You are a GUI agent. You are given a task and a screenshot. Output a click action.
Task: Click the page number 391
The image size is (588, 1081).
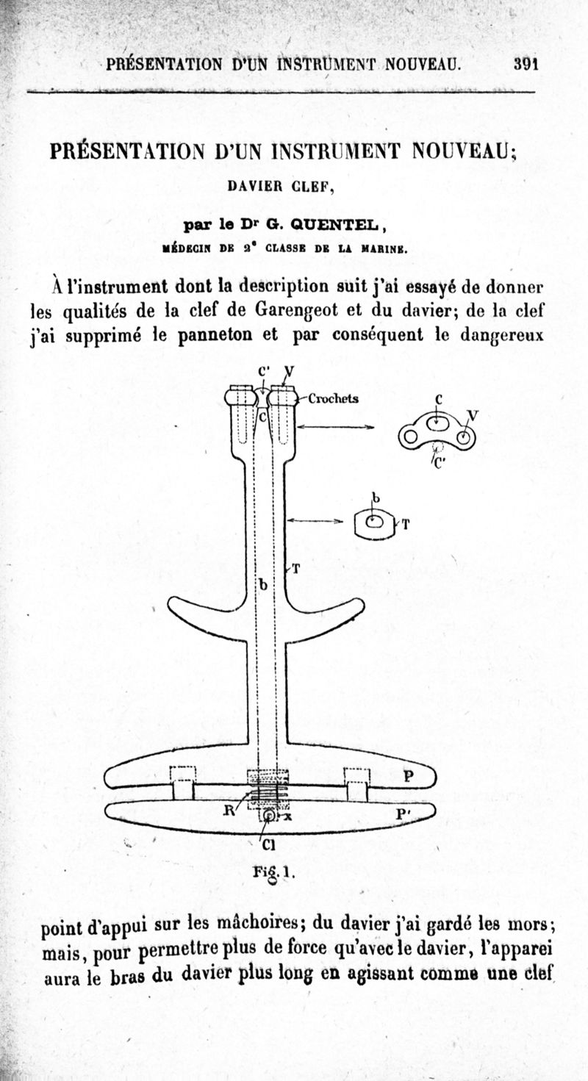(526, 64)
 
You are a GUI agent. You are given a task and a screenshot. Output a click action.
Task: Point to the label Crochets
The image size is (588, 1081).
(333, 398)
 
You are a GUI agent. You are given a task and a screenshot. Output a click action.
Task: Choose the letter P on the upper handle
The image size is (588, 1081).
(409, 775)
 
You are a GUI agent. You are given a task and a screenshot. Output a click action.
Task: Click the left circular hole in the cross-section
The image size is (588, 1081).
(410, 437)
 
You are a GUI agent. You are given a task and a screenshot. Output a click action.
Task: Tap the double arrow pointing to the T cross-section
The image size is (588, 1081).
(315, 520)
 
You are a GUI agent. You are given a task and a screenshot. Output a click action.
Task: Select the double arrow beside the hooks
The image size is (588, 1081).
(335, 427)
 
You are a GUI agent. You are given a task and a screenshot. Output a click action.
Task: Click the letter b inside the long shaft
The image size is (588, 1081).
(264, 585)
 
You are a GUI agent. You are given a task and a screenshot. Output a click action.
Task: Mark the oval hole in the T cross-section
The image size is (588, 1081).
(374, 522)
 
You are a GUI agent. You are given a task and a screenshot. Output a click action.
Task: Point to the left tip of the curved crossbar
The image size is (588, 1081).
(169, 604)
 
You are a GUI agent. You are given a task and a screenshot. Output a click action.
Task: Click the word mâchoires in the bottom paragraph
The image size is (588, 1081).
(255, 923)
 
